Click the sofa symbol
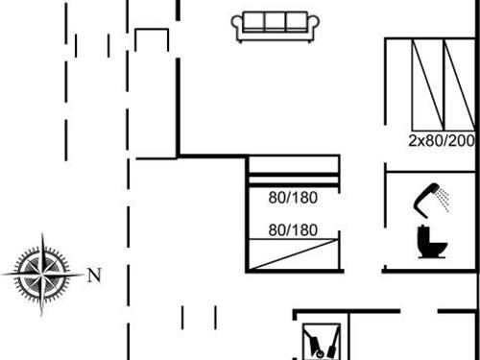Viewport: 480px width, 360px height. pyautogui.click(x=276, y=26)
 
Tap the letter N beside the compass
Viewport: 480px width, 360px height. pyautogui.click(x=94, y=276)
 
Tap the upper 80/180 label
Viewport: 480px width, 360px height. pyautogui.click(x=293, y=199)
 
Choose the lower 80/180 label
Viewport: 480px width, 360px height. pyautogui.click(x=293, y=230)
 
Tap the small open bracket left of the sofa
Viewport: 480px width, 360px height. pyautogui.click(x=152, y=39)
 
